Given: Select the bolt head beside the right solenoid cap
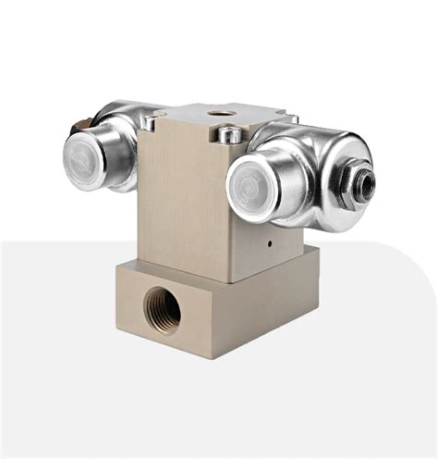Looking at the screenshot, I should coord(230,136).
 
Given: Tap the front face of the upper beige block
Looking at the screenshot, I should coord(180,204).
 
